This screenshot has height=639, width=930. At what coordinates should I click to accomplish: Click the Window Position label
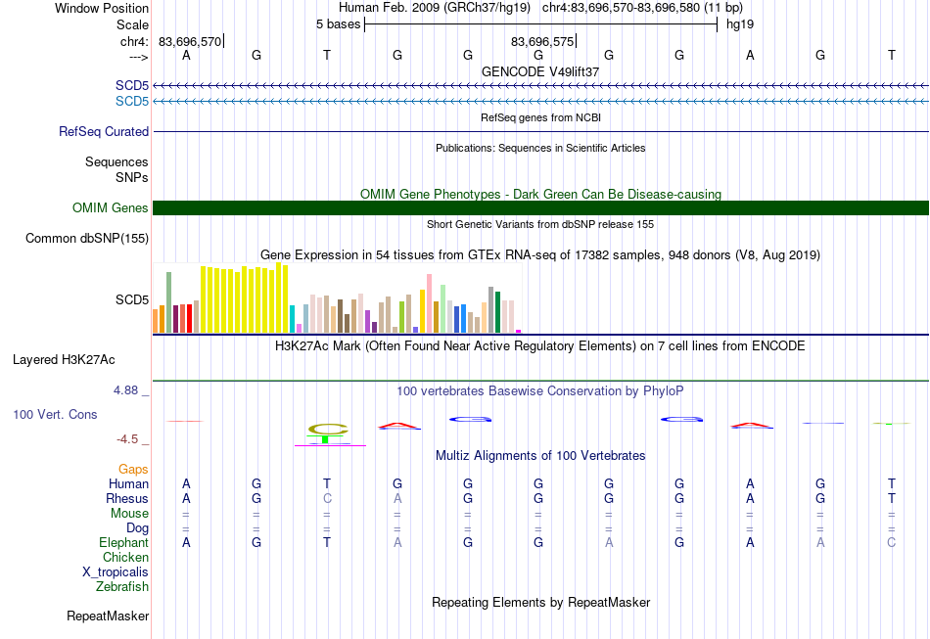tap(102, 8)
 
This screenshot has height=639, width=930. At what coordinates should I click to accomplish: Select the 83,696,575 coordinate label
tap(542, 41)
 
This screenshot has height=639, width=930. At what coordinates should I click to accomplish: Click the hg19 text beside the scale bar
tap(740, 24)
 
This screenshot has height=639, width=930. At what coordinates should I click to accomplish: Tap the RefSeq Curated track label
tap(103, 131)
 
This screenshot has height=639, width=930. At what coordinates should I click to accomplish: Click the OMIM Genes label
tap(110, 208)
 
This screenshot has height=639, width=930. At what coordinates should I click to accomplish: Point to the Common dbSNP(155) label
tap(86, 239)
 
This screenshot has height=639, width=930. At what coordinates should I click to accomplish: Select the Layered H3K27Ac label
tap(64, 360)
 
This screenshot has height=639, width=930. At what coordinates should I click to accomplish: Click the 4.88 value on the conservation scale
tap(125, 390)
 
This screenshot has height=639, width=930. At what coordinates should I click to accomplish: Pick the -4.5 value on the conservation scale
tap(127, 439)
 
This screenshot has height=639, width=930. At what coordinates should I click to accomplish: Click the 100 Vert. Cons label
tap(55, 414)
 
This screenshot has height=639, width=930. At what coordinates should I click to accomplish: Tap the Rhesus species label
tap(127, 498)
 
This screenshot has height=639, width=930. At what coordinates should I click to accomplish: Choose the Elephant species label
tap(123, 542)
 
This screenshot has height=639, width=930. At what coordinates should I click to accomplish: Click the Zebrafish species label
tap(122, 586)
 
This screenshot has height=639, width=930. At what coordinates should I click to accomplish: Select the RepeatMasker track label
tap(108, 616)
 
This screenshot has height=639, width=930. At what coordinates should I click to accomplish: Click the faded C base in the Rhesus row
tap(327, 498)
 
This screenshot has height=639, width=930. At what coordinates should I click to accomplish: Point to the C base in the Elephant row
tap(891, 542)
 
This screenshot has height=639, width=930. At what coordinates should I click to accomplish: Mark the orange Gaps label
tap(133, 470)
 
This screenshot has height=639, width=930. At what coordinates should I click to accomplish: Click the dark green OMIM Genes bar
tap(540, 208)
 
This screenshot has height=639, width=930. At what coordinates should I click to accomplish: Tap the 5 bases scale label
tap(338, 24)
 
